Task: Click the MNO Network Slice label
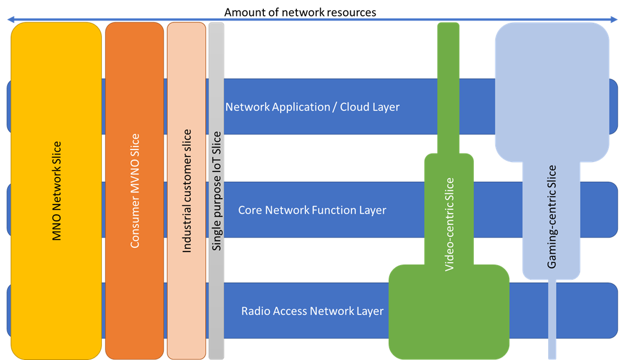pos(57,191)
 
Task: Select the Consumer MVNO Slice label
pos(135,191)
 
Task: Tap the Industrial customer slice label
pos(187,191)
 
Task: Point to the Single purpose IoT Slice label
pos(217,191)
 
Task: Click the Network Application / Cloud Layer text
pos(312,107)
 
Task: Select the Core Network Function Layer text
pos(312,210)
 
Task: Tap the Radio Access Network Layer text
pos(312,311)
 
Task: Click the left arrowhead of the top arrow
pos(10,20)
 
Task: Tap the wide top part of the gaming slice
pos(552,90)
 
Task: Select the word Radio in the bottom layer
pos(256,311)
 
